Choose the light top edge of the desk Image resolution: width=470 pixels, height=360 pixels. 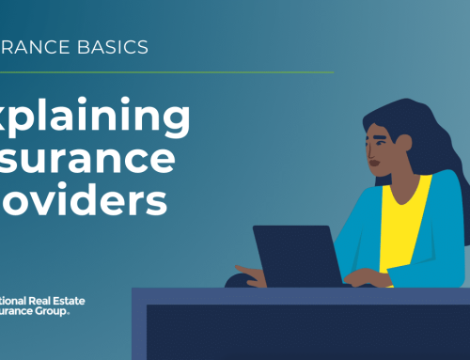pyautogui.click(x=301, y=291)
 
